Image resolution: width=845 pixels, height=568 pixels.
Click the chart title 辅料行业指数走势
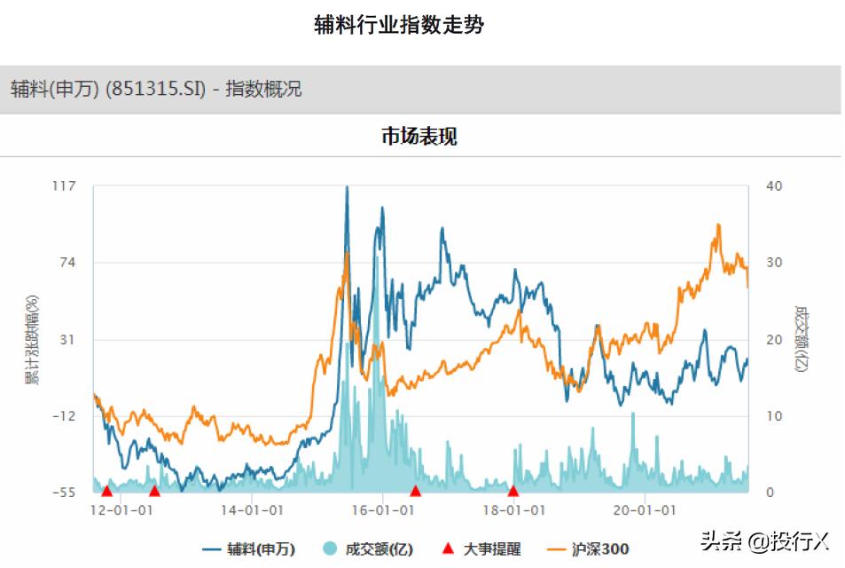pos(399,25)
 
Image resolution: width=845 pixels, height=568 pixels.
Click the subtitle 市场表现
pos(419,137)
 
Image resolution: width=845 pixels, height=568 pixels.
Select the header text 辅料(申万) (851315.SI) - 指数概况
pos(156,89)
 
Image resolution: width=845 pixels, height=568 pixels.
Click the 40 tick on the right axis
pos(773,185)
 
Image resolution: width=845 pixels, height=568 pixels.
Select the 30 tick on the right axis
pos(773,263)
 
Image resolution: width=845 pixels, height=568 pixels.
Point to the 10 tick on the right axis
pos(773,416)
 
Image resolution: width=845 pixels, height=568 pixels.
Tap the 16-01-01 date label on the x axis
pos(383,510)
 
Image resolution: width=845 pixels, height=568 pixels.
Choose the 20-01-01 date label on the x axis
pos(645,510)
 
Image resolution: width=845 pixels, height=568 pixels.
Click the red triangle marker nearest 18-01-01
pos(512,491)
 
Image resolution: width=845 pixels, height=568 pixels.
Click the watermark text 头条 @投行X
pos(763,540)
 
